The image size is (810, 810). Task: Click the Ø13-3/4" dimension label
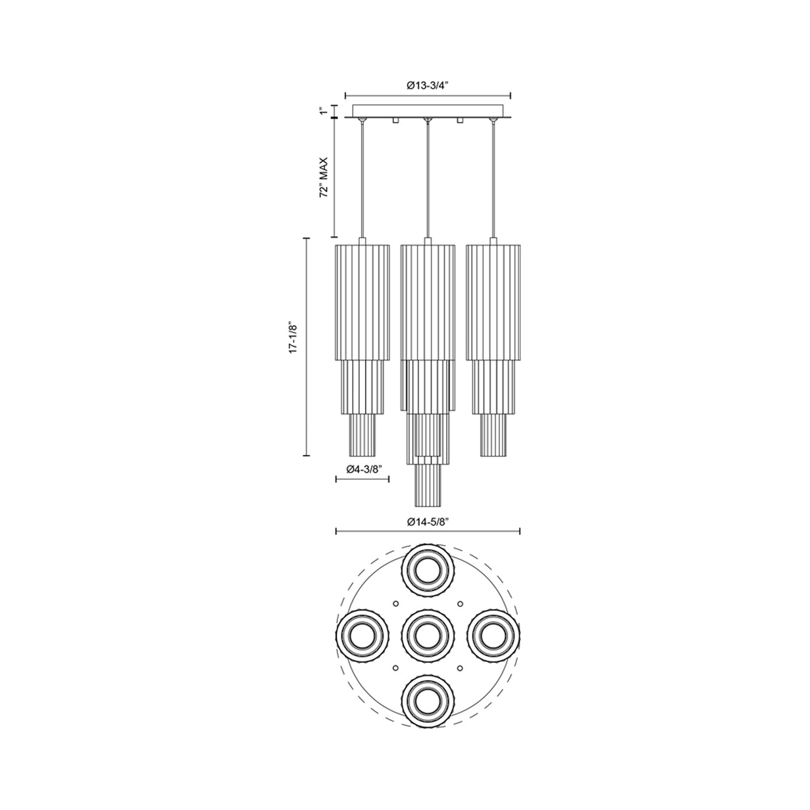point(428,86)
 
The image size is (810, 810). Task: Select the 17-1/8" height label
point(293,337)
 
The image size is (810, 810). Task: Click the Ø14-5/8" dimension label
point(428,522)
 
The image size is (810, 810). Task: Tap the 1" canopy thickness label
point(323,112)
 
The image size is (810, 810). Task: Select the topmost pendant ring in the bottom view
point(428,572)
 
